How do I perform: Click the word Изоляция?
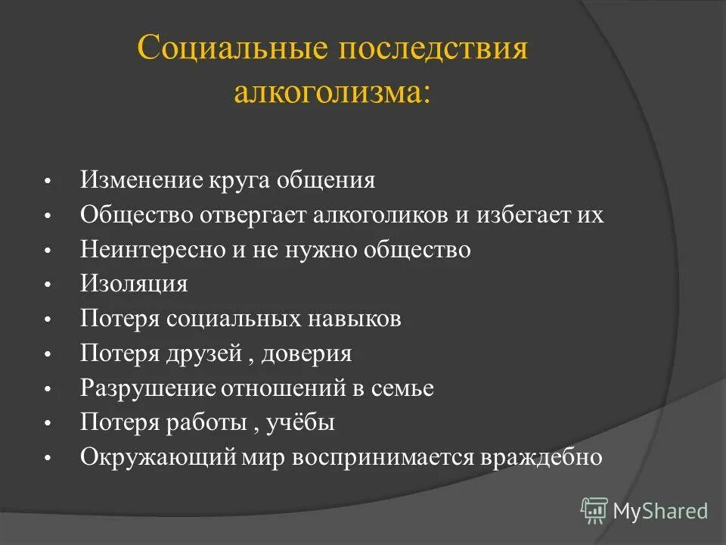click(x=134, y=285)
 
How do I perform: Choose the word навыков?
click(x=355, y=319)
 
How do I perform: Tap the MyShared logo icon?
click(x=594, y=510)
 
